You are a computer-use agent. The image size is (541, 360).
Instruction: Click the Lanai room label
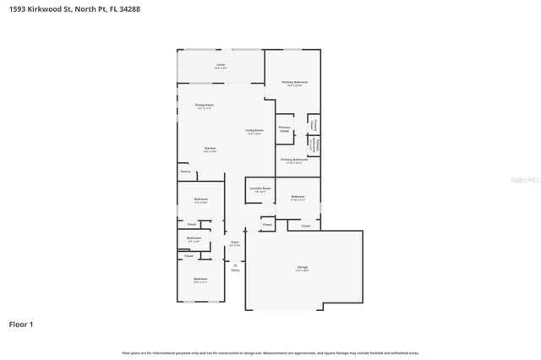tap(221, 66)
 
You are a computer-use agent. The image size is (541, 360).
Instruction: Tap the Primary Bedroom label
tap(294, 83)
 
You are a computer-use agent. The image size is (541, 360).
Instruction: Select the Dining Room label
tap(205, 106)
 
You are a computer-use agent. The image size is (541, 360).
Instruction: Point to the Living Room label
tap(254, 132)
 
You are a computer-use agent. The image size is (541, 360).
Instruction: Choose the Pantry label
tap(185, 172)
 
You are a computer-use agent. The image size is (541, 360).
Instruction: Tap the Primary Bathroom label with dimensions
tap(294, 161)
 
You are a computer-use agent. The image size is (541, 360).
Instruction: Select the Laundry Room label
tap(260, 189)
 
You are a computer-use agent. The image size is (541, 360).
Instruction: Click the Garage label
tap(302, 269)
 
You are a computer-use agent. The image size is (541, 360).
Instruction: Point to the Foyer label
tap(235, 243)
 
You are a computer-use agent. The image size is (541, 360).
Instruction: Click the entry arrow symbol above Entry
tap(235, 263)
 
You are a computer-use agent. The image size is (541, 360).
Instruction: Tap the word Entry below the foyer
tap(235, 270)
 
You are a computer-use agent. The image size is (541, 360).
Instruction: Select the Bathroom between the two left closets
tap(194, 239)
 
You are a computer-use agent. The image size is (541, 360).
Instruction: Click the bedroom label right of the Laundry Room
tap(298, 199)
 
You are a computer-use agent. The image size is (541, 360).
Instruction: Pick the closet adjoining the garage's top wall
tap(305, 226)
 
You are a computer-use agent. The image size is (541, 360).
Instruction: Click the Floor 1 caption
tap(21, 324)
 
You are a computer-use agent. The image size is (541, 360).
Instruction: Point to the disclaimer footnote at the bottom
tap(270, 352)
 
